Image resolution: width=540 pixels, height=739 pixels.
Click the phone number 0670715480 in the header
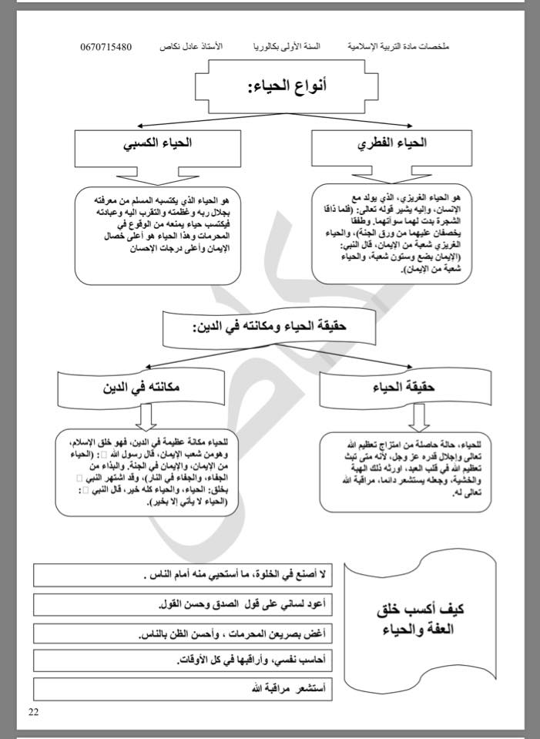coord(106,47)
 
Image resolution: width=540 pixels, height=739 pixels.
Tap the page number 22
coord(34,711)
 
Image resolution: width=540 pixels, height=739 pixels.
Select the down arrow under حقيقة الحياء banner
coord(418,417)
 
